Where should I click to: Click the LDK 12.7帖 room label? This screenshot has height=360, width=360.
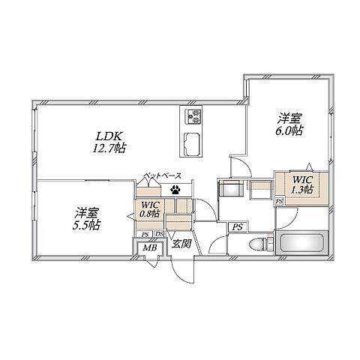click(x=109, y=142)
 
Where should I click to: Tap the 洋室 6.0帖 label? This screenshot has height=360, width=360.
click(x=289, y=124)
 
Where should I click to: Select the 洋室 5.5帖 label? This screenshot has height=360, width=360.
click(x=86, y=219)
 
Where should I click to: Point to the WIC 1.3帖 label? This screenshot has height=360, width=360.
click(x=302, y=184)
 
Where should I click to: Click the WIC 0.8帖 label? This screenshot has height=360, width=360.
click(x=150, y=209)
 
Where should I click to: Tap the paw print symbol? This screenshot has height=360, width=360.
click(x=175, y=190)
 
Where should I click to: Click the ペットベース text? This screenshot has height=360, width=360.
click(x=163, y=175)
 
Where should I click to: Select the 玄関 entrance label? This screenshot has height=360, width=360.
click(x=181, y=243)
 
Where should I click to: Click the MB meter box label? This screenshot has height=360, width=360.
click(x=150, y=247)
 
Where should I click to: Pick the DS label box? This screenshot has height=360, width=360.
click(x=159, y=234)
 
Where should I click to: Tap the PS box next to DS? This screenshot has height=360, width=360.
click(x=145, y=235)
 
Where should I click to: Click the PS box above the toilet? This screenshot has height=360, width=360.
click(x=238, y=227)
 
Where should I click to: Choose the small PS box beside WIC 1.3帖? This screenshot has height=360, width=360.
click(x=280, y=201)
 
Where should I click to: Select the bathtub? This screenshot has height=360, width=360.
click(x=301, y=242)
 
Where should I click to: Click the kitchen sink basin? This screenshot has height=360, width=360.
click(x=192, y=144)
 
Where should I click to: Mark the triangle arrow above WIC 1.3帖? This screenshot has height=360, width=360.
click(x=310, y=166)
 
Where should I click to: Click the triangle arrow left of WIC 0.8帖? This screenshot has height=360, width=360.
click(x=130, y=217)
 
